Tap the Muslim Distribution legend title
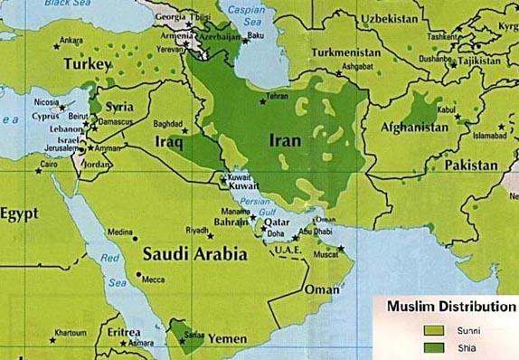click(x=450, y=308)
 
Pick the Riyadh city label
click(x=197, y=230)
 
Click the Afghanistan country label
click(x=409, y=128)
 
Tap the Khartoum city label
click(x=69, y=333)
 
